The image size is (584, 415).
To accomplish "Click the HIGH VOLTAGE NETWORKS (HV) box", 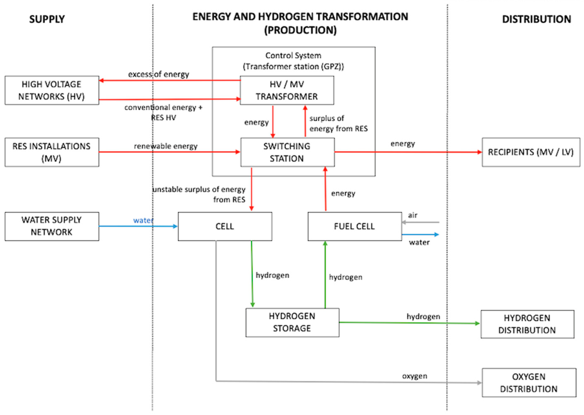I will [52, 90].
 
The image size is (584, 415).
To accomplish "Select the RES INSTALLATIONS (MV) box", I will [52, 152].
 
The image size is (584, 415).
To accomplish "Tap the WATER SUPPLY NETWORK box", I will [52, 226].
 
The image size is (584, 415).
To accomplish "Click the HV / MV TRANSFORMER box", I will [287, 90].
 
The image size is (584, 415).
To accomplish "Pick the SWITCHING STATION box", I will [287, 152].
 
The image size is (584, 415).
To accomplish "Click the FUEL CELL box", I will [354, 226].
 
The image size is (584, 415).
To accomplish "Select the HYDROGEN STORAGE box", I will [292, 323].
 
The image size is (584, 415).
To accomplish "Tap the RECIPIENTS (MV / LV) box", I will [531, 152].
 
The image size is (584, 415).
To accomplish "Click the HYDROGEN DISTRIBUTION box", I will [527, 324].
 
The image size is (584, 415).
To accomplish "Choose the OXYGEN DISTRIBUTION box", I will [529, 383].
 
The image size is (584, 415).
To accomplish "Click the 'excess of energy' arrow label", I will [158, 74].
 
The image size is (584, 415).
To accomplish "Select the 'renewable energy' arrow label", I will [166, 146].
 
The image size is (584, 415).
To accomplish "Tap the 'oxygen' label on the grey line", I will [414, 376].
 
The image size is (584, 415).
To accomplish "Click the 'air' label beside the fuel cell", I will [413, 215].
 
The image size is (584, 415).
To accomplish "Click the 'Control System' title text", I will [293, 55].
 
